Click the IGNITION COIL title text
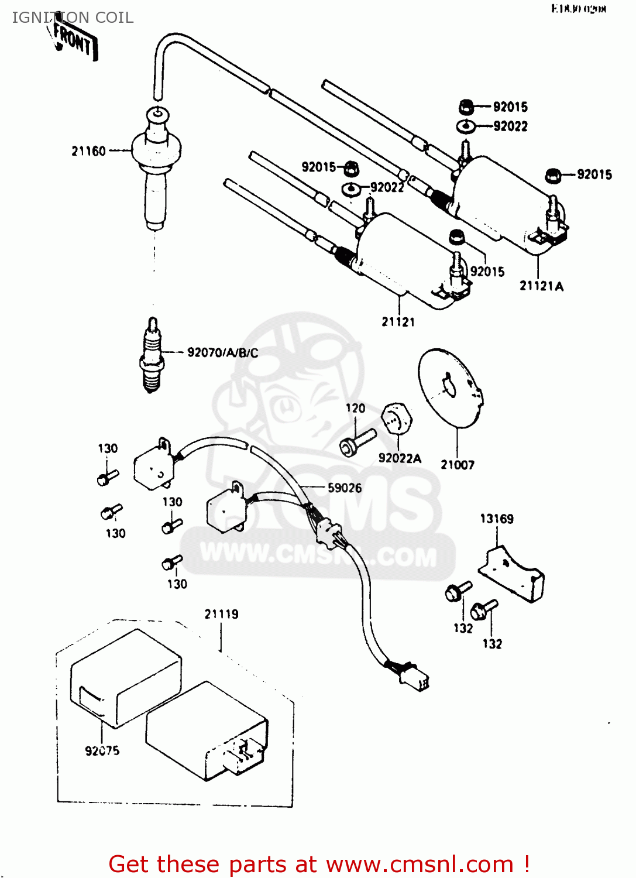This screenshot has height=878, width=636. [x=73, y=18]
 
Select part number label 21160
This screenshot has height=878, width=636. [x=88, y=151]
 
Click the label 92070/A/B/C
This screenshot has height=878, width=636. [x=222, y=352]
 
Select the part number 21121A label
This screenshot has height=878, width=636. [x=541, y=286]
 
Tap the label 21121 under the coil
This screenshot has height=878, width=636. [x=398, y=321]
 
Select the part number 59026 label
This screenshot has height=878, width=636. [x=344, y=488]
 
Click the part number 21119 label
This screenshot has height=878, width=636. [x=221, y=614]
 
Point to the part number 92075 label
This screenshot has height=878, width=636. [x=102, y=750]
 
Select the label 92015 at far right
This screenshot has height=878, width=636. [x=594, y=174]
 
